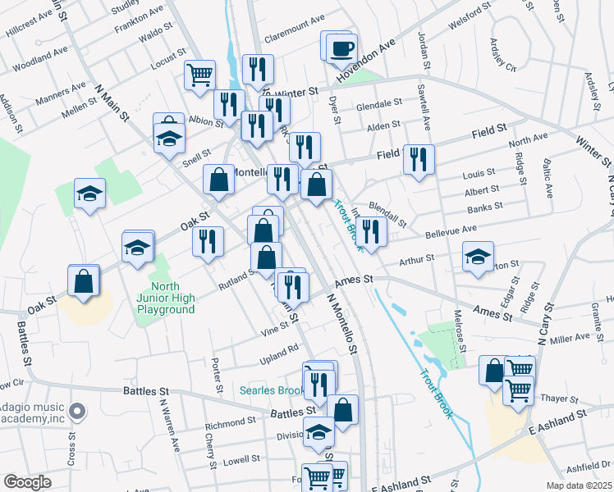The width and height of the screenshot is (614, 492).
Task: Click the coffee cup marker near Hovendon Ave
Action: click(x=341, y=48)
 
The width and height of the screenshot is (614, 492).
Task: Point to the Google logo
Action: click(x=27, y=481)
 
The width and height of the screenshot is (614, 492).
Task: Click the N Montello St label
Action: click(x=343, y=324)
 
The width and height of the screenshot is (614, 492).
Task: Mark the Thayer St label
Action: click(x=561, y=398)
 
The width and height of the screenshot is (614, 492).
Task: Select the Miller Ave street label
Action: click(x=570, y=337)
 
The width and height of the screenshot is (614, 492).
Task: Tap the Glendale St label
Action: click(x=378, y=106)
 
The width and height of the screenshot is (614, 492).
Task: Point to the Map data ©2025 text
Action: click(x=576, y=485)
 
